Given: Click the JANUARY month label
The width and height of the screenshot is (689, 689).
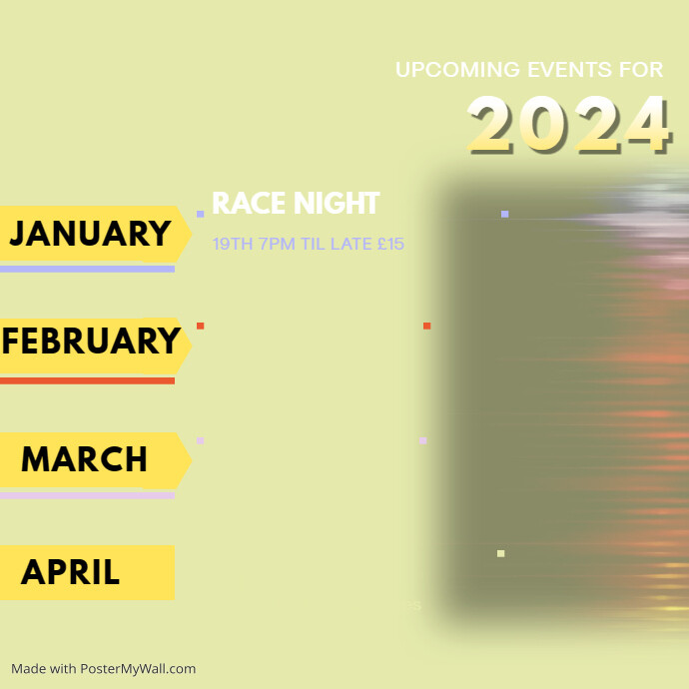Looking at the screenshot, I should pyautogui.click(x=90, y=234).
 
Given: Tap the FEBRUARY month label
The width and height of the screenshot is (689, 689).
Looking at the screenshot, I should pyautogui.click(x=90, y=342).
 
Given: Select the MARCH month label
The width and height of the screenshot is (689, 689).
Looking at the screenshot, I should pyautogui.click(x=84, y=459).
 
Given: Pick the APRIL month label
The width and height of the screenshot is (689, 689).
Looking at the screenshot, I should pyautogui.click(x=70, y=572).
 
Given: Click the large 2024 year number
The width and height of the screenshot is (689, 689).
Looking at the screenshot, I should pyautogui.click(x=568, y=125).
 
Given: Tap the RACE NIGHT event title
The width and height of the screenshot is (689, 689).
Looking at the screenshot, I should pyautogui.click(x=296, y=204).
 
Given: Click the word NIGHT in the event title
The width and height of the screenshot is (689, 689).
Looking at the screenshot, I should pyautogui.click(x=337, y=204).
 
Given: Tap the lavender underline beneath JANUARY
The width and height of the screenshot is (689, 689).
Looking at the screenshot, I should pyautogui.click(x=87, y=269).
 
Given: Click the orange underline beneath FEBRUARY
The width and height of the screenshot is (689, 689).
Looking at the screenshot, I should pyautogui.click(x=87, y=380).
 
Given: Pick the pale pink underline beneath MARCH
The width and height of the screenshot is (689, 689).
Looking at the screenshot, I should pyautogui.click(x=87, y=495).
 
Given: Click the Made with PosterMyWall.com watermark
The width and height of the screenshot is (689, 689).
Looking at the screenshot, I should pyautogui.click(x=103, y=668).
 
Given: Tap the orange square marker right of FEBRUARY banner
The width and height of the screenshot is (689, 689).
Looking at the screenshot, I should pyautogui.click(x=200, y=326).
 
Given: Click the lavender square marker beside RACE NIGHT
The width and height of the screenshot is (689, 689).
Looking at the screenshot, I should pyautogui.click(x=200, y=214).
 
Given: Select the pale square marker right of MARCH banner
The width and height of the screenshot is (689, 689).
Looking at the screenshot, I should pyautogui.click(x=200, y=440).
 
